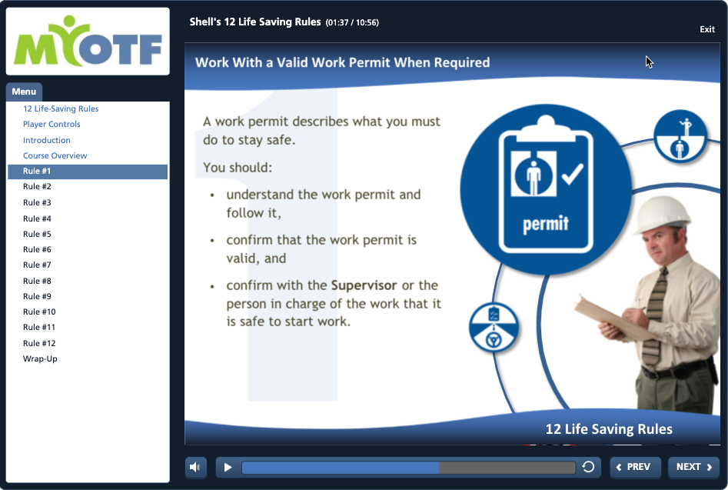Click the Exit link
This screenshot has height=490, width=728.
(x=707, y=29)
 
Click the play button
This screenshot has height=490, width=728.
(x=228, y=467)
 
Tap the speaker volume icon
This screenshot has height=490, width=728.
(x=195, y=467)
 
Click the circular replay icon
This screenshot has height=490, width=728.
(x=588, y=467)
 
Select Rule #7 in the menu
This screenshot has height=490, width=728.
(x=37, y=265)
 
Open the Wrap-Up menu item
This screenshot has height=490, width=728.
(x=40, y=358)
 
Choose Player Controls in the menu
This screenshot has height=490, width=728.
(x=52, y=124)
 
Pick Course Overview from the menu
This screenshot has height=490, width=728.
(x=55, y=155)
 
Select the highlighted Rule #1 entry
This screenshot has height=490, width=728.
(x=88, y=172)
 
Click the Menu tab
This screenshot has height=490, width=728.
(x=24, y=92)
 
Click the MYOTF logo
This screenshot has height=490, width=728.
(x=88, y=42)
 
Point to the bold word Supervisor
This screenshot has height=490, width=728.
(x=364, y=285)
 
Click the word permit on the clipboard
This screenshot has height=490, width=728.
(x=546, y=224)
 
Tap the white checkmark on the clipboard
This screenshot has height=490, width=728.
(x=573, y=174)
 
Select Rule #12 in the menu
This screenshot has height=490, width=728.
(x=39, y=343)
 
